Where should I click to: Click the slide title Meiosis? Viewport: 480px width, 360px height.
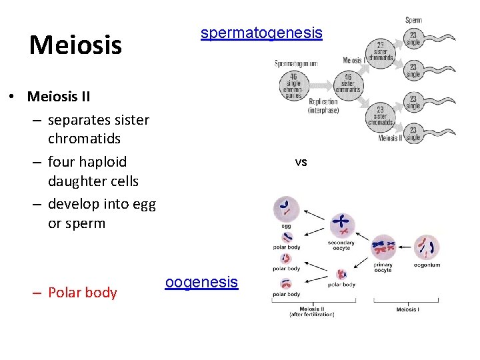coord(75,45)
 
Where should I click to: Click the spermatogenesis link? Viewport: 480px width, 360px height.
coord(261,33)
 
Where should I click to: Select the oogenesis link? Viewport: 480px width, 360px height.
coord(201,282)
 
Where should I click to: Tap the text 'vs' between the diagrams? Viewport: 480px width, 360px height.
coord(301,162)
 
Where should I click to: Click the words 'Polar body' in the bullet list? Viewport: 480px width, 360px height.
coord(82,293)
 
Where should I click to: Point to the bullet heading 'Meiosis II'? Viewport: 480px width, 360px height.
coord(59,96)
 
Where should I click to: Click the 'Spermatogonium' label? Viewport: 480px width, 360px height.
coord(296,64)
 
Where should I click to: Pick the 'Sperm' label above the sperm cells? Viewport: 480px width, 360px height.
coord(413,20)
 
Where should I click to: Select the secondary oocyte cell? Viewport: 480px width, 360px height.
coord(342,225)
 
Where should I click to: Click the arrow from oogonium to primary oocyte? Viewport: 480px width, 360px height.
coord(405,248)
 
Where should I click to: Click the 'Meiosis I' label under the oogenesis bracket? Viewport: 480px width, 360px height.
coord(407,309)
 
